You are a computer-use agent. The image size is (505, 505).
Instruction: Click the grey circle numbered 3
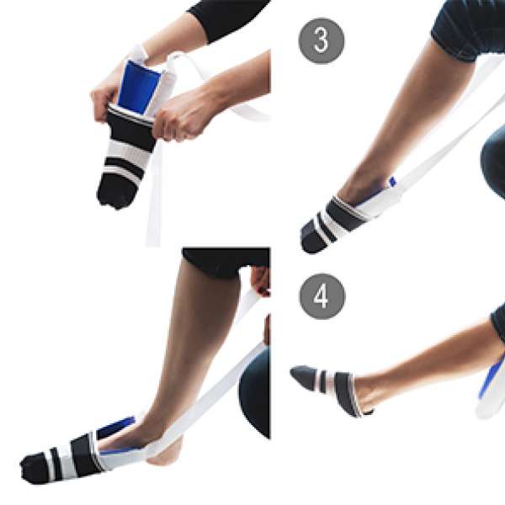[322, 41]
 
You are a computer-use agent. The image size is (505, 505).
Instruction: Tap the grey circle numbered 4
[322, 296]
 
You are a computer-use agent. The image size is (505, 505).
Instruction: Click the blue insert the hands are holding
[139, 87]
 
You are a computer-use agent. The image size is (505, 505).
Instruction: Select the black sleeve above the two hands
[227, 19]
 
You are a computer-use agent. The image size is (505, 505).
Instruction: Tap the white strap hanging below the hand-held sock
[154, 194]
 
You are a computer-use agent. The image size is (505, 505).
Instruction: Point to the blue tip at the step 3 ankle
[392, 181]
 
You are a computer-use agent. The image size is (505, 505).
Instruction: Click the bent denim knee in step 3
[493, 161]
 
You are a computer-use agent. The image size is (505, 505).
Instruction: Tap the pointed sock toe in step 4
[303, 376]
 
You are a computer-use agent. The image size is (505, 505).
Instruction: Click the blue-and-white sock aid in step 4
[492, 386]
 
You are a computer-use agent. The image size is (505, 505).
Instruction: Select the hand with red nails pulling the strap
[261, 281]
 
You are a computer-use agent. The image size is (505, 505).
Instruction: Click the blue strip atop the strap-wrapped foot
[117, 426]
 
